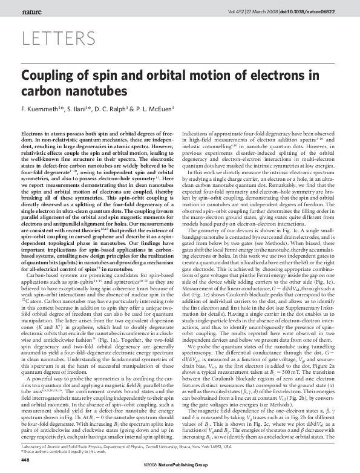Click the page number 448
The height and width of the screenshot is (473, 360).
(x=25, y=460)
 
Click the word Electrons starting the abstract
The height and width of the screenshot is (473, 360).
(x=34, y=132)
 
